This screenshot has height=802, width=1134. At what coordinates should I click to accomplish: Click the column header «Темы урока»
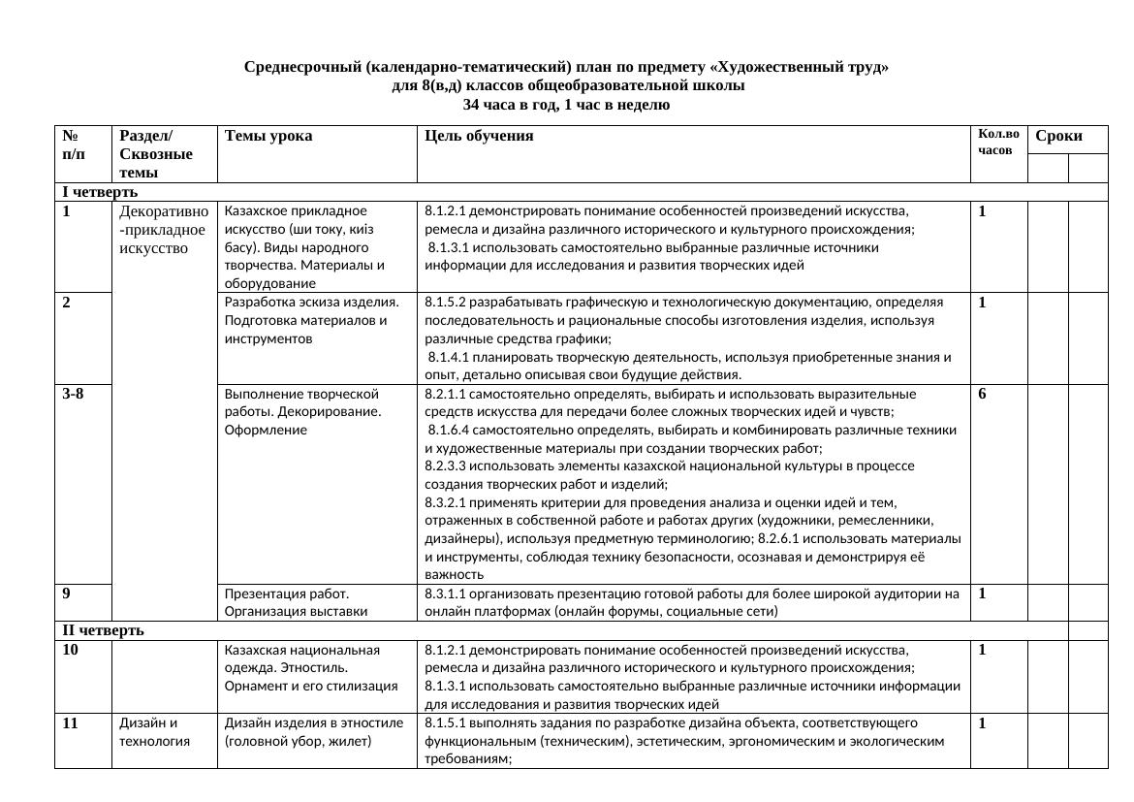268,137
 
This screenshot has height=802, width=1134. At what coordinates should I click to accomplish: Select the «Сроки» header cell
1058,137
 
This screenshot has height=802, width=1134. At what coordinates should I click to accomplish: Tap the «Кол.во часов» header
997,143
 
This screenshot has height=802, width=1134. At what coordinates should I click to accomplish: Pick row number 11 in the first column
70,722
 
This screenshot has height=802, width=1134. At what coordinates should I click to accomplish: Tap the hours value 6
982,394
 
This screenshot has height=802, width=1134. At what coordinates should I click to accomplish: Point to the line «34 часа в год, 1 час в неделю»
566,105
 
